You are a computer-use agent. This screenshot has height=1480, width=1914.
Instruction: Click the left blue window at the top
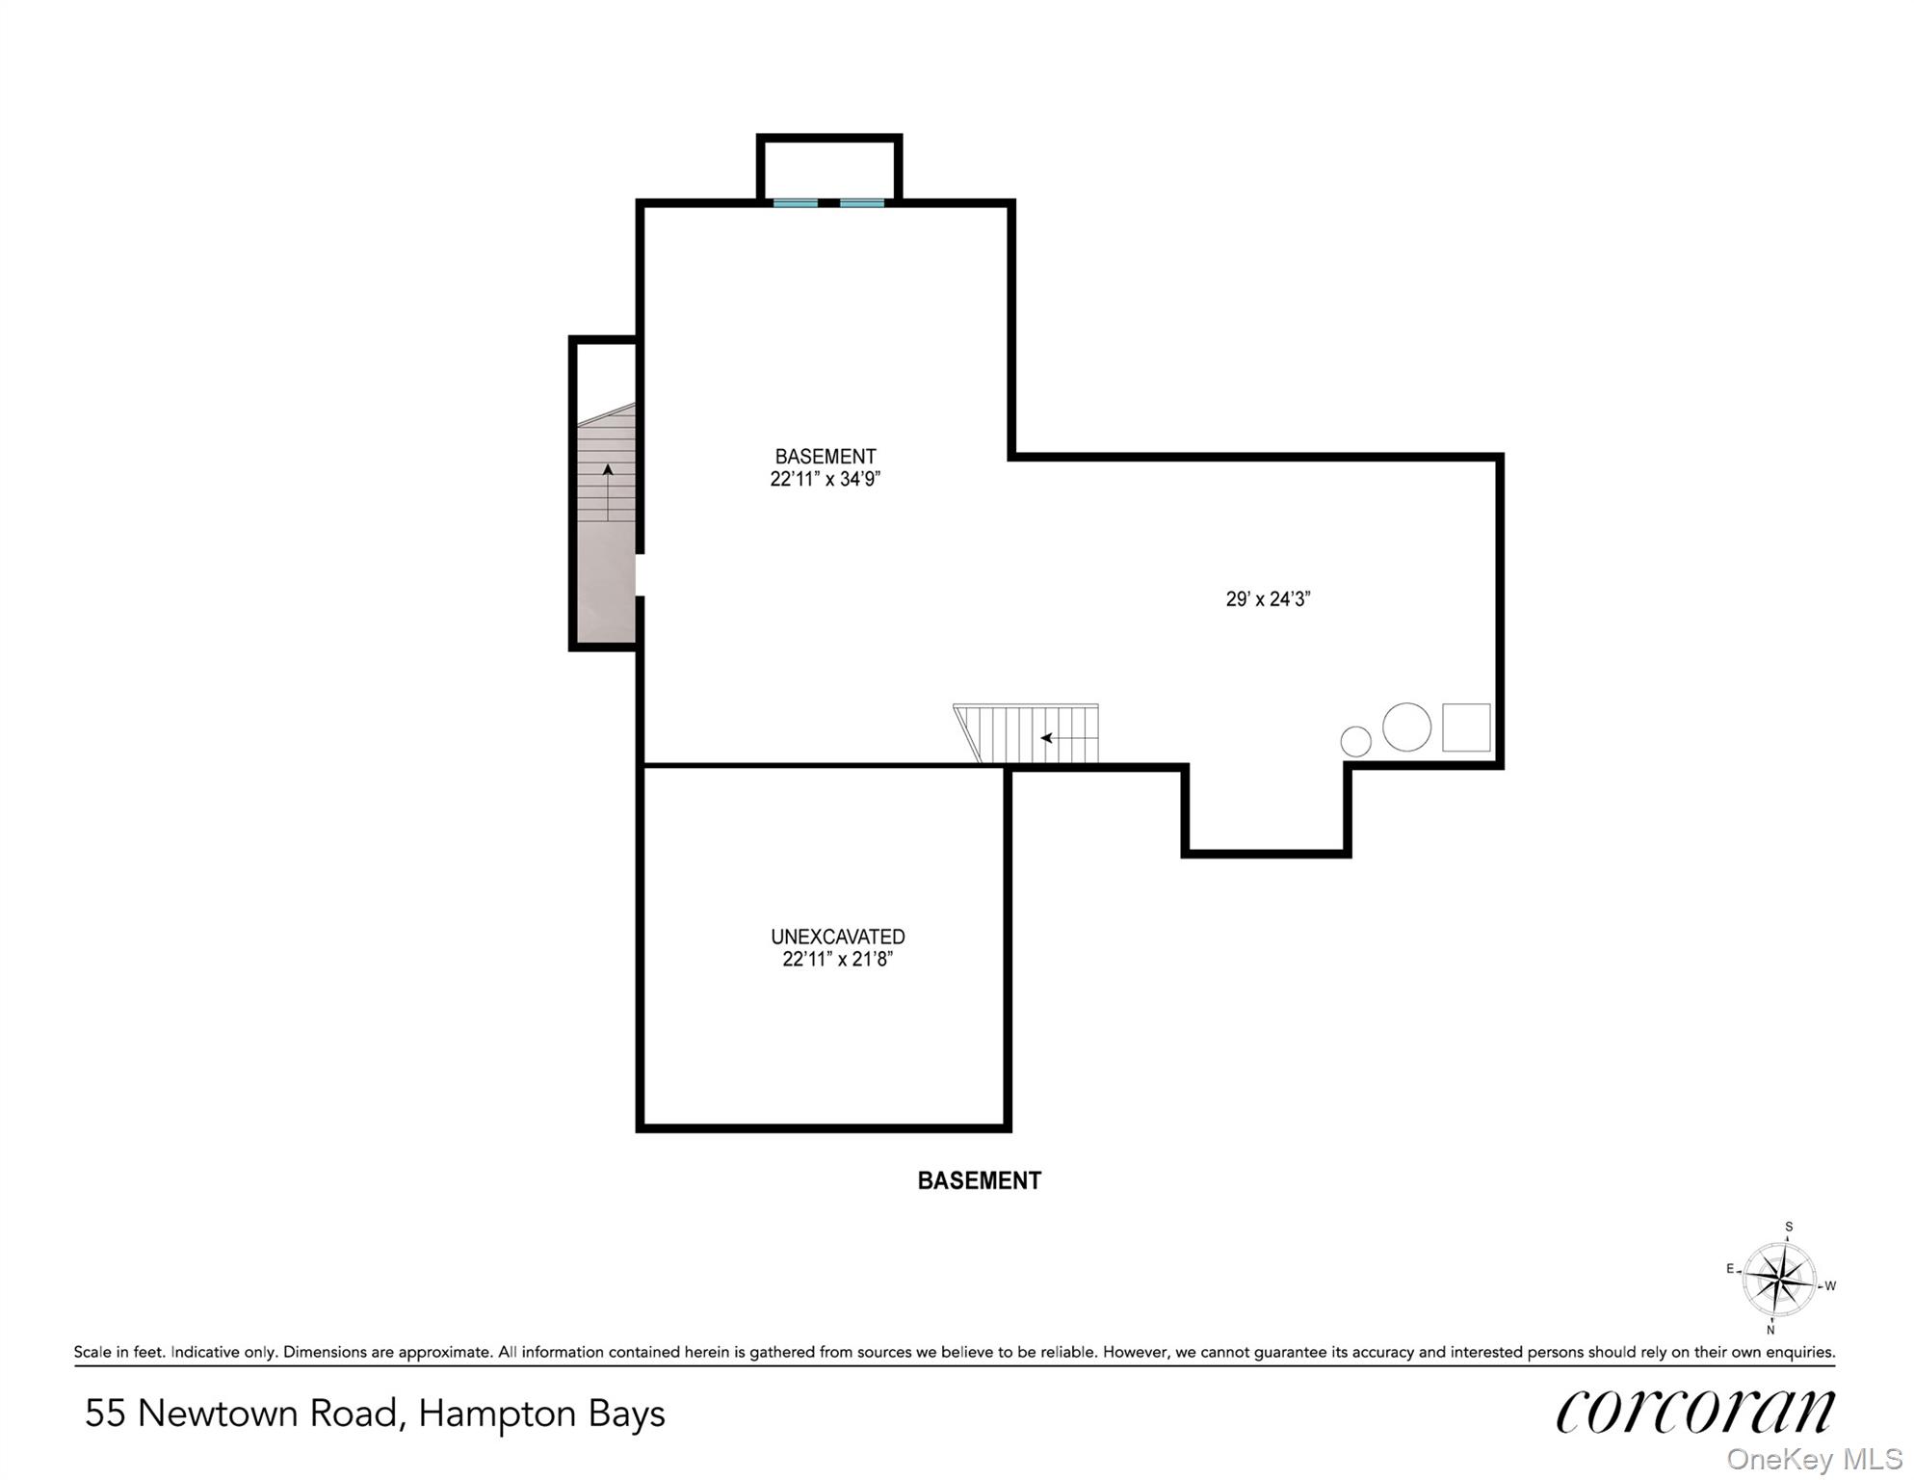[796, 203]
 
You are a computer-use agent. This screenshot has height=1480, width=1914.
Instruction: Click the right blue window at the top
[862, 203]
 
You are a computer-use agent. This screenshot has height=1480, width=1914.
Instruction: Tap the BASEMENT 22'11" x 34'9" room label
[826, 467]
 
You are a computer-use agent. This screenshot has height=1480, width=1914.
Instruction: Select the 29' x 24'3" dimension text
[1268, 599]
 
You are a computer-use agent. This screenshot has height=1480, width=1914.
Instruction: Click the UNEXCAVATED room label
[837, 937]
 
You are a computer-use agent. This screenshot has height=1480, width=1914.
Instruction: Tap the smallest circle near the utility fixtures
[1355, 741]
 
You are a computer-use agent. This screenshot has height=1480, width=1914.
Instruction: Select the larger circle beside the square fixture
[1406, 727]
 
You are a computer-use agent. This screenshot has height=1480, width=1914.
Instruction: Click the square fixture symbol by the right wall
[1466, 727]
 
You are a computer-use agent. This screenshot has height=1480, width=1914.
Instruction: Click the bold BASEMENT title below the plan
[979, 1180]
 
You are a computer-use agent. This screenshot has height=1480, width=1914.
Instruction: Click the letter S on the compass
[1789, 1228]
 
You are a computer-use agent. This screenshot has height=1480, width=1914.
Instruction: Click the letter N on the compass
[1770, 1331]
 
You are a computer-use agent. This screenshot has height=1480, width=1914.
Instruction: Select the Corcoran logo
[1695, 1412]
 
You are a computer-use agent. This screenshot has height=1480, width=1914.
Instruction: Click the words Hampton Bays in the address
[541, 1414]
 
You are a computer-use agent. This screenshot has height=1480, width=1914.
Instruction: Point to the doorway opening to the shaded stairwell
[638, 575]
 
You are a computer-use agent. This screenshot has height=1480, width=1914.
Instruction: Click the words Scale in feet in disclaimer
[118, 1352]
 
